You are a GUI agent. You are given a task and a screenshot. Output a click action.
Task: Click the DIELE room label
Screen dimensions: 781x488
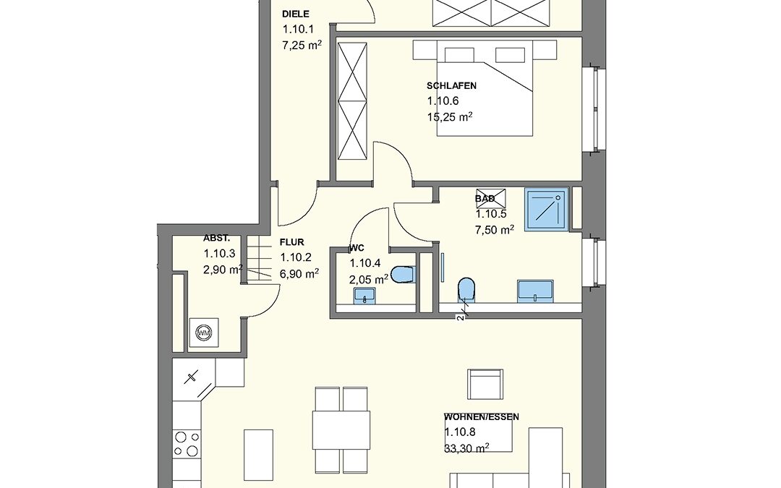(x=295, y=14)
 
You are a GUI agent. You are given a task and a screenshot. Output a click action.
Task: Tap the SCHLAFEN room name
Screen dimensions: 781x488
(x=451, y=85)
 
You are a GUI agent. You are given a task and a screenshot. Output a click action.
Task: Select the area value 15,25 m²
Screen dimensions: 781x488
(x=450, y=117)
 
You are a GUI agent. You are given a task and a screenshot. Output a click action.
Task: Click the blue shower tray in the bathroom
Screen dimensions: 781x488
(x=546, y=209)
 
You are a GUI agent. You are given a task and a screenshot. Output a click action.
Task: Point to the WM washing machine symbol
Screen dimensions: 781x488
(x=203, y=332)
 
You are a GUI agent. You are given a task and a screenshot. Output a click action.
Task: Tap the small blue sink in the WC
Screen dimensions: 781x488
(x=366, y=295)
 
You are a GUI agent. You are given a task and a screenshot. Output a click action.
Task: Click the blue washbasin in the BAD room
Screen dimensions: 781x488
(x=535, y=291)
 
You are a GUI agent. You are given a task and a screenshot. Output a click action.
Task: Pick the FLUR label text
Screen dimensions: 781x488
(x=292, y=242)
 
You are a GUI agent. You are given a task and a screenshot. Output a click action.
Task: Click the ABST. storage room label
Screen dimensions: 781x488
(x=217, y=238)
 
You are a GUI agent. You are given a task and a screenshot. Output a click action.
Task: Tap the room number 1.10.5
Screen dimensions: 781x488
(x=491, y=214)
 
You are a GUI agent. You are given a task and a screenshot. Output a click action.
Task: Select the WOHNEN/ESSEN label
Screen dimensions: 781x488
(x=482, y=417)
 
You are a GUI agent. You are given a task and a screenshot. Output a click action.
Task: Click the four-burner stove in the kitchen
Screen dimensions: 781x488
(x=187, y=444)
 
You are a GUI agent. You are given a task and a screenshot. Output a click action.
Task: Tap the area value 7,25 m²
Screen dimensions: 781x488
(x=302, y=46)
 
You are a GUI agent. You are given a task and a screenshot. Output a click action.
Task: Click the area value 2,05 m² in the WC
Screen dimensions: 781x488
(x=369, y=279)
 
